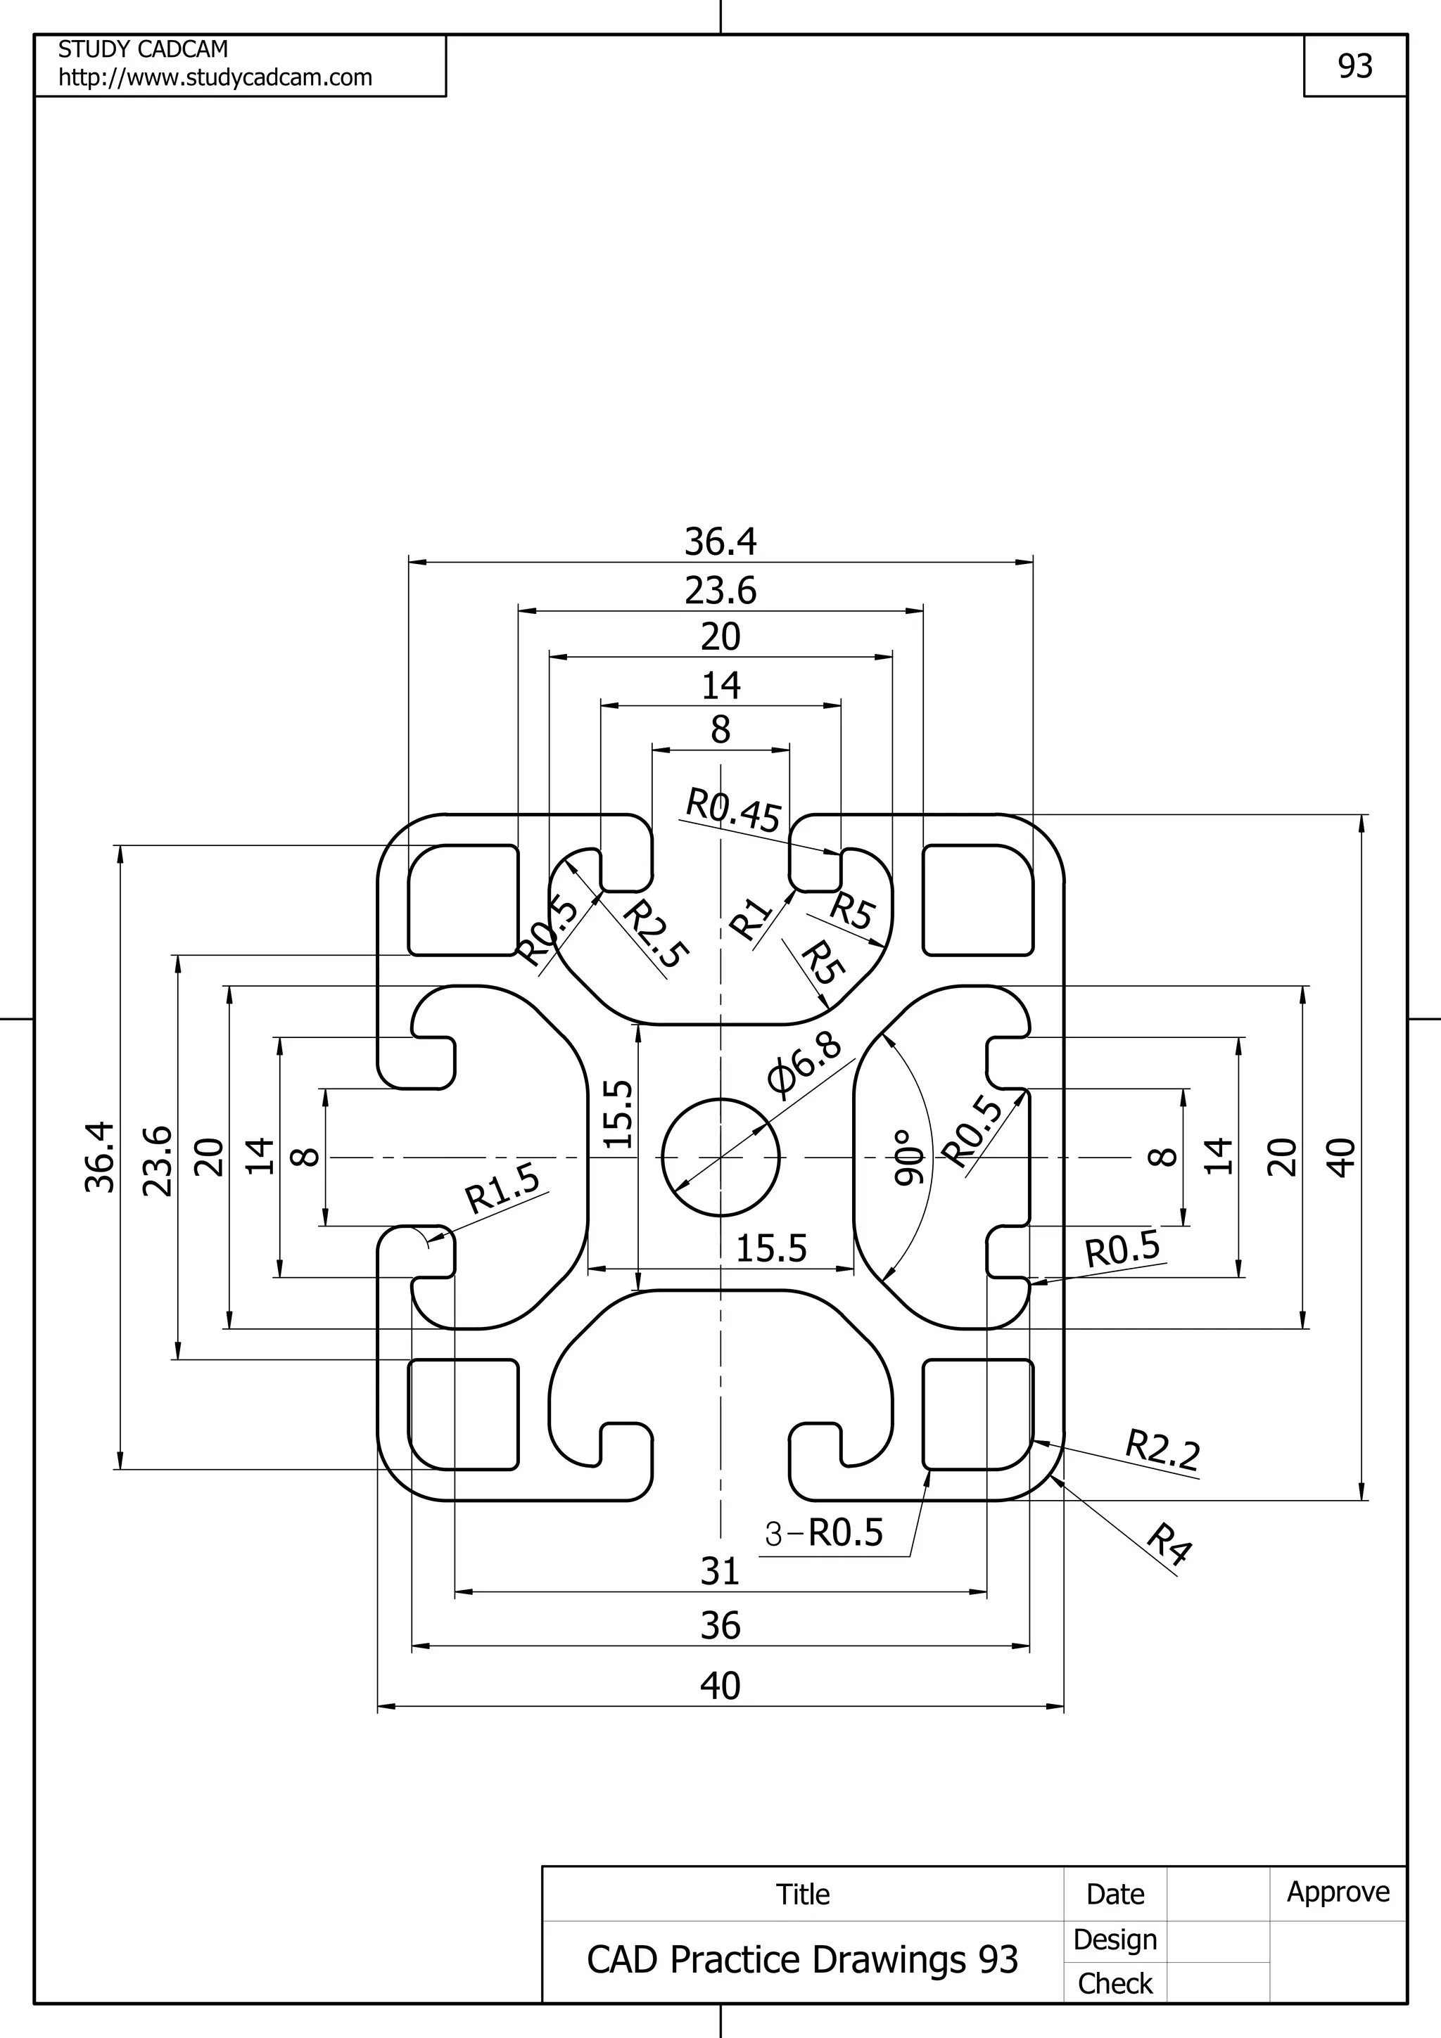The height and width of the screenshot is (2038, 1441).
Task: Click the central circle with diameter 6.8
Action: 720,1158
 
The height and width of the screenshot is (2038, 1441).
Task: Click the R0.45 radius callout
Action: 733,810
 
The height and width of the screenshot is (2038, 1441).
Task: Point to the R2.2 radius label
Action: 1162,1449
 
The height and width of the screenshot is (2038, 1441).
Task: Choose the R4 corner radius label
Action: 1169,1544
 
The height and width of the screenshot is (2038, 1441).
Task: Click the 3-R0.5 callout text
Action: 824,1533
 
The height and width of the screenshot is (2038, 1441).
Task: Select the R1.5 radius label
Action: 502,1188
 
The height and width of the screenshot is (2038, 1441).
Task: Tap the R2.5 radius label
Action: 655,935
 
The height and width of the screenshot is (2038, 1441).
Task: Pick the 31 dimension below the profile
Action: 719,1572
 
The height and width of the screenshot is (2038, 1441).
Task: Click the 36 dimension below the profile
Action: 719,1626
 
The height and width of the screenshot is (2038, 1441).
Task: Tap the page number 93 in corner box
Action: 1355,67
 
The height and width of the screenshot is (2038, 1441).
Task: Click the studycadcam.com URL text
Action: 215,78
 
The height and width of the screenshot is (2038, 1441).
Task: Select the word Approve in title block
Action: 1338,1892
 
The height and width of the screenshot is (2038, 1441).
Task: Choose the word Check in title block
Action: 1115,1983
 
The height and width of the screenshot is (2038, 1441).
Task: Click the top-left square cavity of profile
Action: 462,900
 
